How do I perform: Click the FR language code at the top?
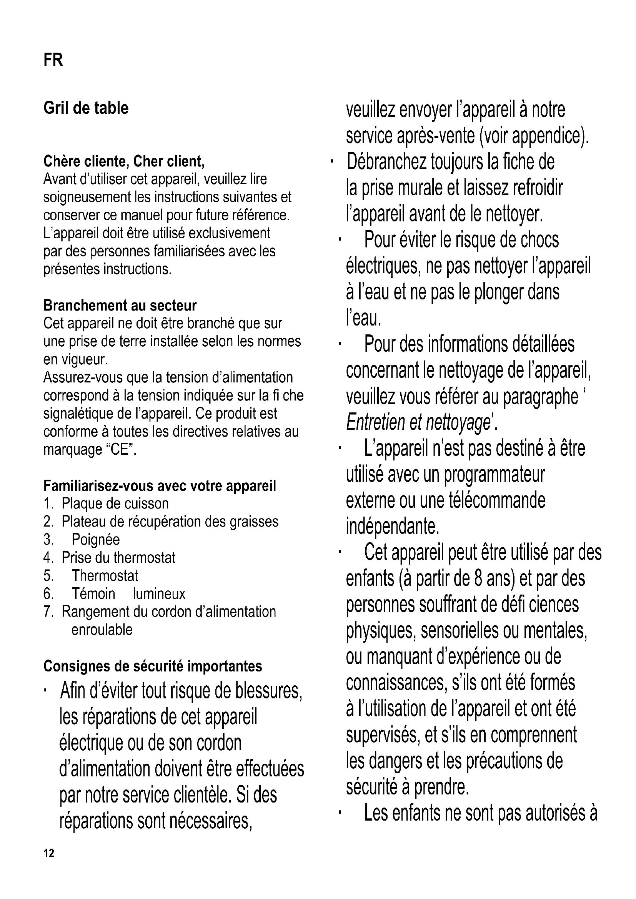(x=53, y=60)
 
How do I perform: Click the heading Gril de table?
(x=86, y=108)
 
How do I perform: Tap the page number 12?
(x=49, y=853)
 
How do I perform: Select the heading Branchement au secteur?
(x=120, y=305)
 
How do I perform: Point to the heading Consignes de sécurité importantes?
(x=153, y=666)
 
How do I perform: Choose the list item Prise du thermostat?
(x=118, y=558)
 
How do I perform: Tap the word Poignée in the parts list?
(x=96, y=540)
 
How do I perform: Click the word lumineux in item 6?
(x=159, y=593)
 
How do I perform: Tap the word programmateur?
(x=494, y=475)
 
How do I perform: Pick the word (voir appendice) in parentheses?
(x=533, y=136)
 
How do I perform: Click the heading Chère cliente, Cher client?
(x=124, y=161)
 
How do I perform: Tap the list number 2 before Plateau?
(x=48, y=522)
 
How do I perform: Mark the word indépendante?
(x=393, y=527)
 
